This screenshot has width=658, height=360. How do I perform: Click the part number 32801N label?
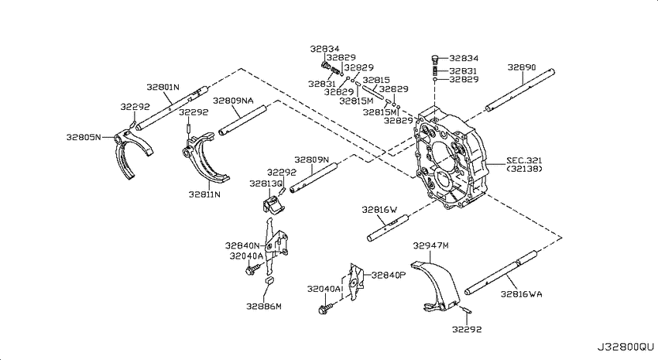pos(163,87)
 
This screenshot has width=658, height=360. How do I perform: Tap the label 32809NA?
pos(233,101)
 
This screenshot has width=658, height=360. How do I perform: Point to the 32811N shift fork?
pos(206,157)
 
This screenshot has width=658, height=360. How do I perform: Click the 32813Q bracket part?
pos(272,204)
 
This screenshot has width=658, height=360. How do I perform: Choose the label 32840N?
pos(242,245)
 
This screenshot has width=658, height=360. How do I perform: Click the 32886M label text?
pos(263,307)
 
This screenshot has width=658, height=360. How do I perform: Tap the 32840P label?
pos(389,276)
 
